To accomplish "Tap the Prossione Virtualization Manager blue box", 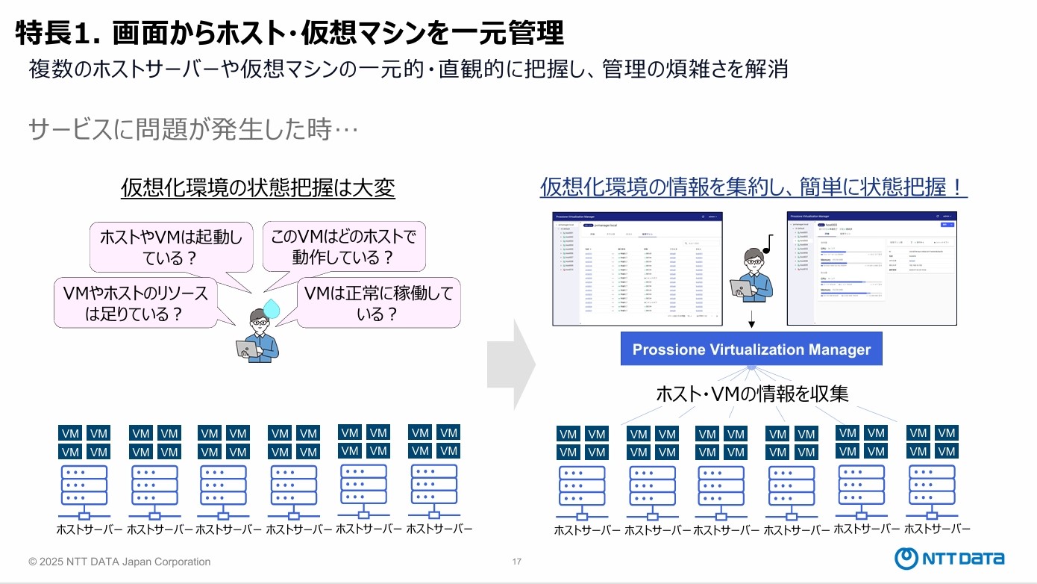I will (x=751, y=349).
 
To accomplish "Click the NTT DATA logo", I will (x=950, y=558).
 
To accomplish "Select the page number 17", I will (x=517, y=562).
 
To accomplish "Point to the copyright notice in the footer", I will (x=119, y=562).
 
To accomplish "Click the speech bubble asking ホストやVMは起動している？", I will (x=171, y=247).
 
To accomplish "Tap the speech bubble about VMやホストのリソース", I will (x=134, y=302).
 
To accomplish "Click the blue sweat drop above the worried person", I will (x=273, y=308).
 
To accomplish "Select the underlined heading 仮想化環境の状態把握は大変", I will (x=258, y=188).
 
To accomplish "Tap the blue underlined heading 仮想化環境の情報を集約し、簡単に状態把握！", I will (x=754, y=187).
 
